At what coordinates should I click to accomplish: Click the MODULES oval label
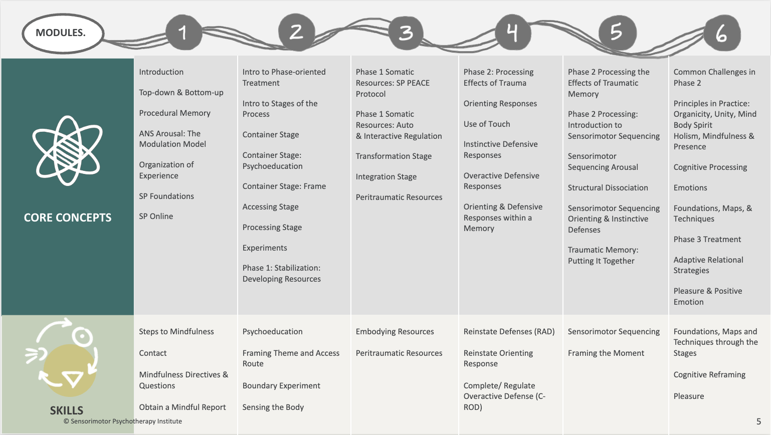(x=63, y=33)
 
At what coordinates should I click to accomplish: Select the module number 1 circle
(x=183, y=33)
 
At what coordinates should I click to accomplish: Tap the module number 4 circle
(x=512, y=33)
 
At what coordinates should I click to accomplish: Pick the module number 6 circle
(x=721, y=33)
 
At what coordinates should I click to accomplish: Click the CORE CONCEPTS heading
(x=68, y=217)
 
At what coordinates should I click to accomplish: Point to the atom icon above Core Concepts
(x=68, y=150)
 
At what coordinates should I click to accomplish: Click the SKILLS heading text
(x=67, y=410)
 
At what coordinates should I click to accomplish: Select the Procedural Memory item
(x=174, y=113)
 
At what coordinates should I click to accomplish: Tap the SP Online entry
(x=156, y=216)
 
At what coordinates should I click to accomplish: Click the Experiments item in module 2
(x=265, y=248)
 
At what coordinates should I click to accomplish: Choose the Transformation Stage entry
(x=394, y=156)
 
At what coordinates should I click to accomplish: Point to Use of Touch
(x=487, y=124)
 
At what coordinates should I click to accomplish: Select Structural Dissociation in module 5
(x=608, y=188)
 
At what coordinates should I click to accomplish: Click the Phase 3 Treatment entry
(x=707, y=240)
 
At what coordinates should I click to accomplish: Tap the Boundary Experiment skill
(x=281, y=386)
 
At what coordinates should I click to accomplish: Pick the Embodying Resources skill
(x=395, y=332)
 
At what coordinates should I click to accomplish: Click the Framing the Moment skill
(x=606, y=353)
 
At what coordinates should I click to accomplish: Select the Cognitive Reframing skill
(x=709, y=375)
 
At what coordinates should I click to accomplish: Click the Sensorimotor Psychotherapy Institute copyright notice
(x=123, y=421)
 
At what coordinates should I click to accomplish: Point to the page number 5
(x=758, y=421)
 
